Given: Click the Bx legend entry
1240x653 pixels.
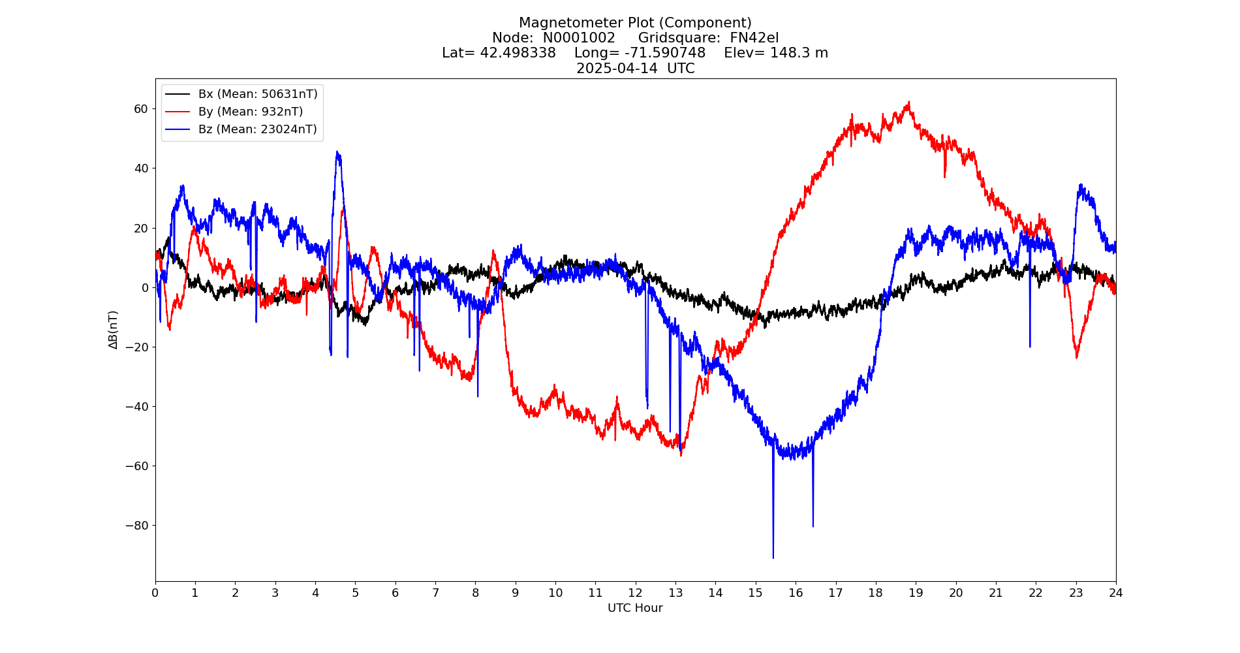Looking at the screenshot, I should (258, 94).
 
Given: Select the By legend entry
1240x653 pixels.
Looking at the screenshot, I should (251, 112).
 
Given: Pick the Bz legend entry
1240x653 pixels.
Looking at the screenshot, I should (257, 129).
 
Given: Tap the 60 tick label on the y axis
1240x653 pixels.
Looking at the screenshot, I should (141, 109).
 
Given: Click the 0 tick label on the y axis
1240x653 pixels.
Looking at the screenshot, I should (145, 288).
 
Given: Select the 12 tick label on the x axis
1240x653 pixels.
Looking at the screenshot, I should (635, 593).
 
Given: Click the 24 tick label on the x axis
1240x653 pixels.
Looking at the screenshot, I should (1115, 593).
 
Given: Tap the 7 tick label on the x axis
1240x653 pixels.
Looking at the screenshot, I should (435, 593).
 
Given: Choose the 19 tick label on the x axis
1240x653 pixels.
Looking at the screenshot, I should (916, 593).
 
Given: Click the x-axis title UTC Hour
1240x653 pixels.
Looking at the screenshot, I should (635, 608).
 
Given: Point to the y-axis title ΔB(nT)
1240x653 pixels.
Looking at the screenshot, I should (114, 330).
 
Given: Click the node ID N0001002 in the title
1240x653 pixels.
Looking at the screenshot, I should (579, 38).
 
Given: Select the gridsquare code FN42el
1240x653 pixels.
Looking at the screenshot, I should (754, 38).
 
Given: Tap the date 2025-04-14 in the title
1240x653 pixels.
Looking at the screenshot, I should (617, 69).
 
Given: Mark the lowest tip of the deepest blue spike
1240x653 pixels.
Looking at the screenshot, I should (773, 558).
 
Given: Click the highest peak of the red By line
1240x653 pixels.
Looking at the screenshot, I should (908, 102).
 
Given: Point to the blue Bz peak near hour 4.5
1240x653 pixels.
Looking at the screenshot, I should (337, 152).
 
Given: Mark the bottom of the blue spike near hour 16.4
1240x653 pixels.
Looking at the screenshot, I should (813, 526).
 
